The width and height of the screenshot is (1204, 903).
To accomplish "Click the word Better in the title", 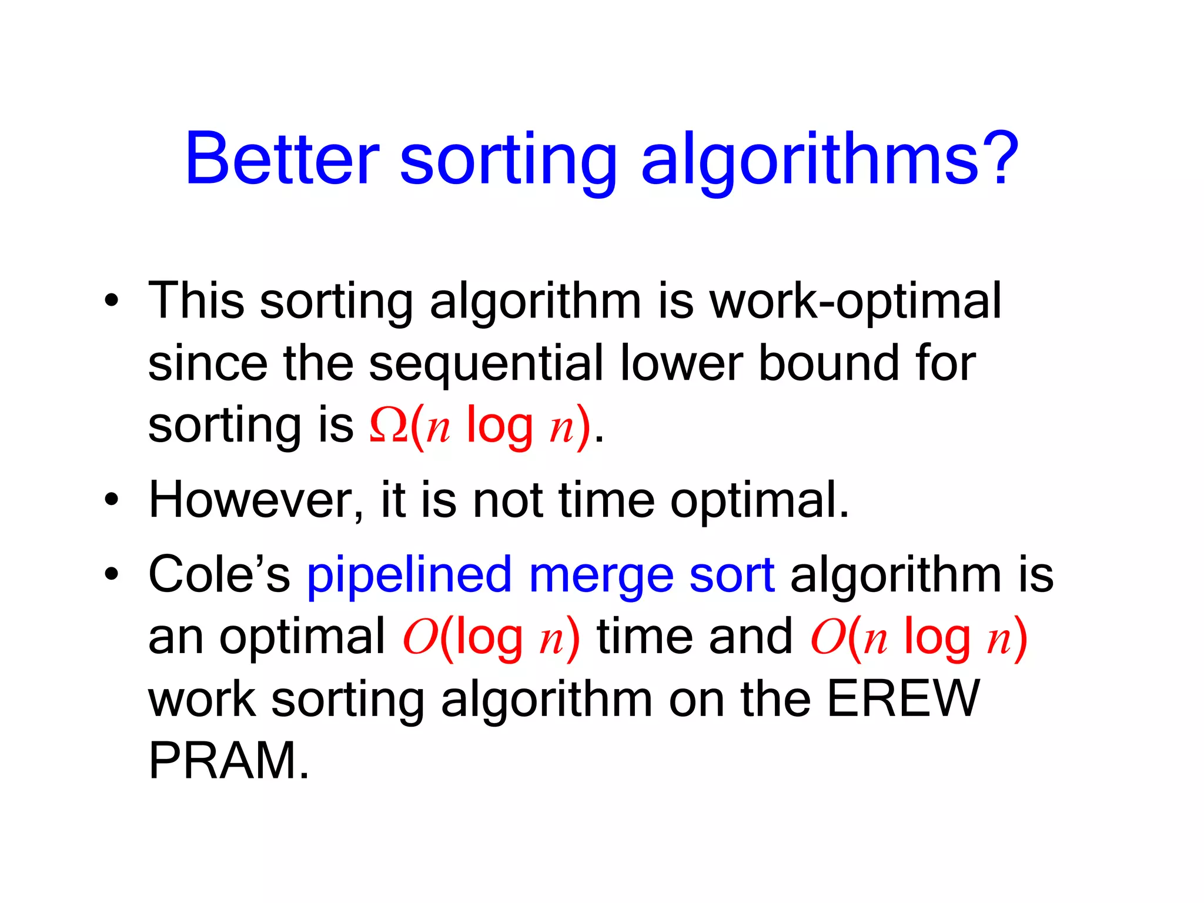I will click(282, 159).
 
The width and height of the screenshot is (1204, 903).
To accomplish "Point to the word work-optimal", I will click(855, 302).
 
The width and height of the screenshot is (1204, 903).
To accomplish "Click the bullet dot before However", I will click(111, 500).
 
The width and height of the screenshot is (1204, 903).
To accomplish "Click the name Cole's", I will click(219, 574).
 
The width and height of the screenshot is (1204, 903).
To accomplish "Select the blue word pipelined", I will click(409, 576).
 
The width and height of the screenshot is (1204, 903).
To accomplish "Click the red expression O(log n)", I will click(491, 638).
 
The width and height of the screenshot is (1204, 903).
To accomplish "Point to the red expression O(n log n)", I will click(918, 638).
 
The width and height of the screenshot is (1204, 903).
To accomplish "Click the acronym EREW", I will click(903, 699).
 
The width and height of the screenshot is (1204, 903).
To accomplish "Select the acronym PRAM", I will click(229, 761).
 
